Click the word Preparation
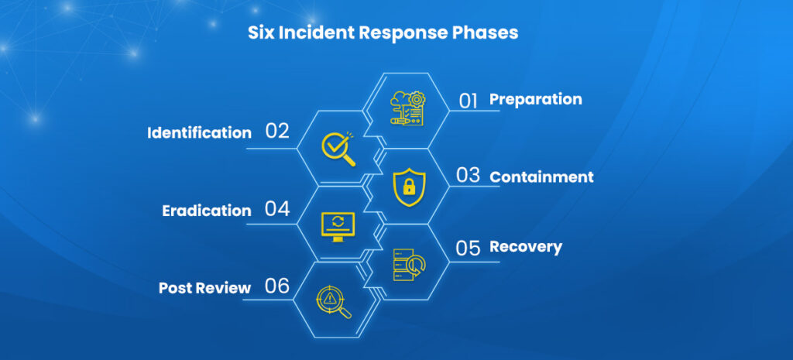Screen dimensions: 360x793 coord(535,99)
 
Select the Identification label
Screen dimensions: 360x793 coord(199,132)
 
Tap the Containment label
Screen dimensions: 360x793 coord(541,177)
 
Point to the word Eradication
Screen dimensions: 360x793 coord(207,211)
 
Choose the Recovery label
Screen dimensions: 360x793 coord(525,247)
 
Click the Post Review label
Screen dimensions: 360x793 coord(204,288)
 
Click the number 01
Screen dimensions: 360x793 coord(469,101)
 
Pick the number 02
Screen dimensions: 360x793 coord(277,131)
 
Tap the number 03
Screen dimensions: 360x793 coord(468,176)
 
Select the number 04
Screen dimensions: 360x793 coord(277,209)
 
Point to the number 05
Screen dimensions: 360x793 coord(469,248)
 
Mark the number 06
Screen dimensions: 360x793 coord(277,286)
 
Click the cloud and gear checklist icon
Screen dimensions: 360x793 coord(407,109)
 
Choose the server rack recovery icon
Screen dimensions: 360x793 coord(407,264)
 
